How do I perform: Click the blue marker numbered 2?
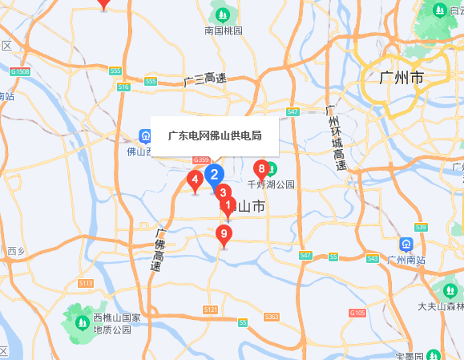pos(214,173)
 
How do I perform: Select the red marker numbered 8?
pos(224,192)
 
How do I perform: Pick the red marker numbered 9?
pos(224,235)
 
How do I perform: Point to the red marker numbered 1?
pos(228,206)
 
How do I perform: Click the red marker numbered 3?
pos(224,192)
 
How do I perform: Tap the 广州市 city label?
pos(401,79)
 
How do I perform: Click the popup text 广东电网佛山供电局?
pos(215,136)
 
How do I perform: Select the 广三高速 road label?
pos(204,79)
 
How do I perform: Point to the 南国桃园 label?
pos(224,30)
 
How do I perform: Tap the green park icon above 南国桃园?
pos(223,14)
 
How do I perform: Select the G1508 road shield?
pos(20,72)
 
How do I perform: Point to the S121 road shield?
pos(211,309)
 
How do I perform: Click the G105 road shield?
pos(357,312)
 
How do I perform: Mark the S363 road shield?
pos(272,318)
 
